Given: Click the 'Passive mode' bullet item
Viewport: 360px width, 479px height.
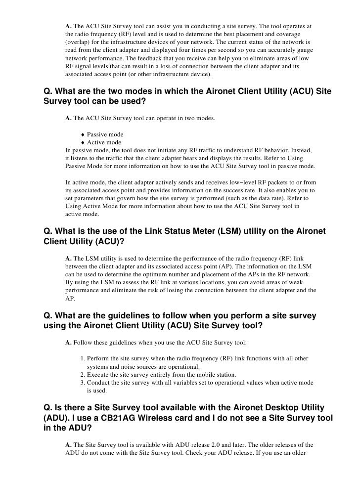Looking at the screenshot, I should click(x=105, y=134).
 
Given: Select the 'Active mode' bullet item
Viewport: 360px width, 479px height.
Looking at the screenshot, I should click(x=104, y=143).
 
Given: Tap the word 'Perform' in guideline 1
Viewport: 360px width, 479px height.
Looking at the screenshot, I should click(x=100, y=358).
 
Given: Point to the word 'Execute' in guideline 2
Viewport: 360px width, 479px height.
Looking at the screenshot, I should click(x=99, y=374).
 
